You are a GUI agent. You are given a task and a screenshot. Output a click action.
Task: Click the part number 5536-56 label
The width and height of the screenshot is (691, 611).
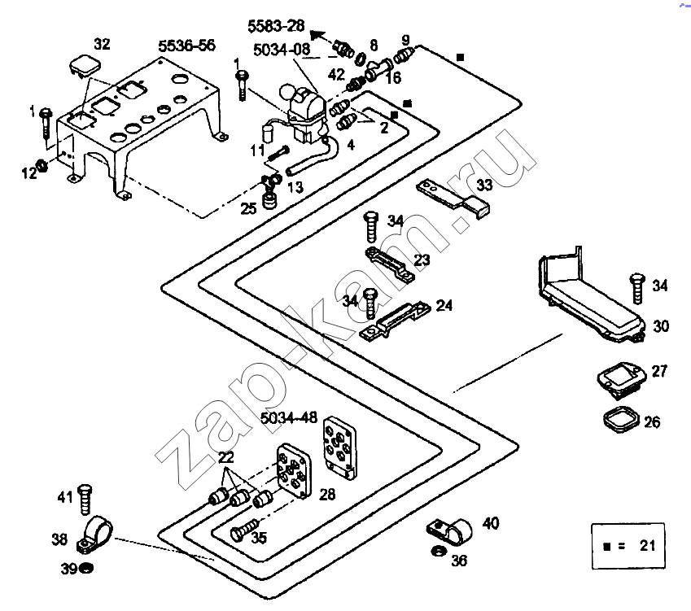186,46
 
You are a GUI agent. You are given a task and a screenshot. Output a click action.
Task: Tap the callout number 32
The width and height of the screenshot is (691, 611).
103,43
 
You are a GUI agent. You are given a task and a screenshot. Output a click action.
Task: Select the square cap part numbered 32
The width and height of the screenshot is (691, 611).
81,66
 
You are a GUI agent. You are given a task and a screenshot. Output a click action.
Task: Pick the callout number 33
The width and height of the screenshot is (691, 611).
484,185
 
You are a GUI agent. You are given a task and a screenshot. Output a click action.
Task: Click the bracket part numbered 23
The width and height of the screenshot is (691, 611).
389,265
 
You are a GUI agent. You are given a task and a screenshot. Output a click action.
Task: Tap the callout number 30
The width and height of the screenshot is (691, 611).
660,325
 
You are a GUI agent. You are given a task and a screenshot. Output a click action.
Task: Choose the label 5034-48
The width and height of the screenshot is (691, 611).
288,419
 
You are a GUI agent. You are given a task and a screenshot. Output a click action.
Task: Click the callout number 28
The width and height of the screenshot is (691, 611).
327,495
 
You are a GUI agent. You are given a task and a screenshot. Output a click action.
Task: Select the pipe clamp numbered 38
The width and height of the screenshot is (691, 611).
95,533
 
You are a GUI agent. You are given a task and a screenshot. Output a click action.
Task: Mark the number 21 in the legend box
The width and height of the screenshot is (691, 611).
647,546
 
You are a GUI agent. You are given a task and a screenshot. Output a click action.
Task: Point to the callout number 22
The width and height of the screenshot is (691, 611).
225,457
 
